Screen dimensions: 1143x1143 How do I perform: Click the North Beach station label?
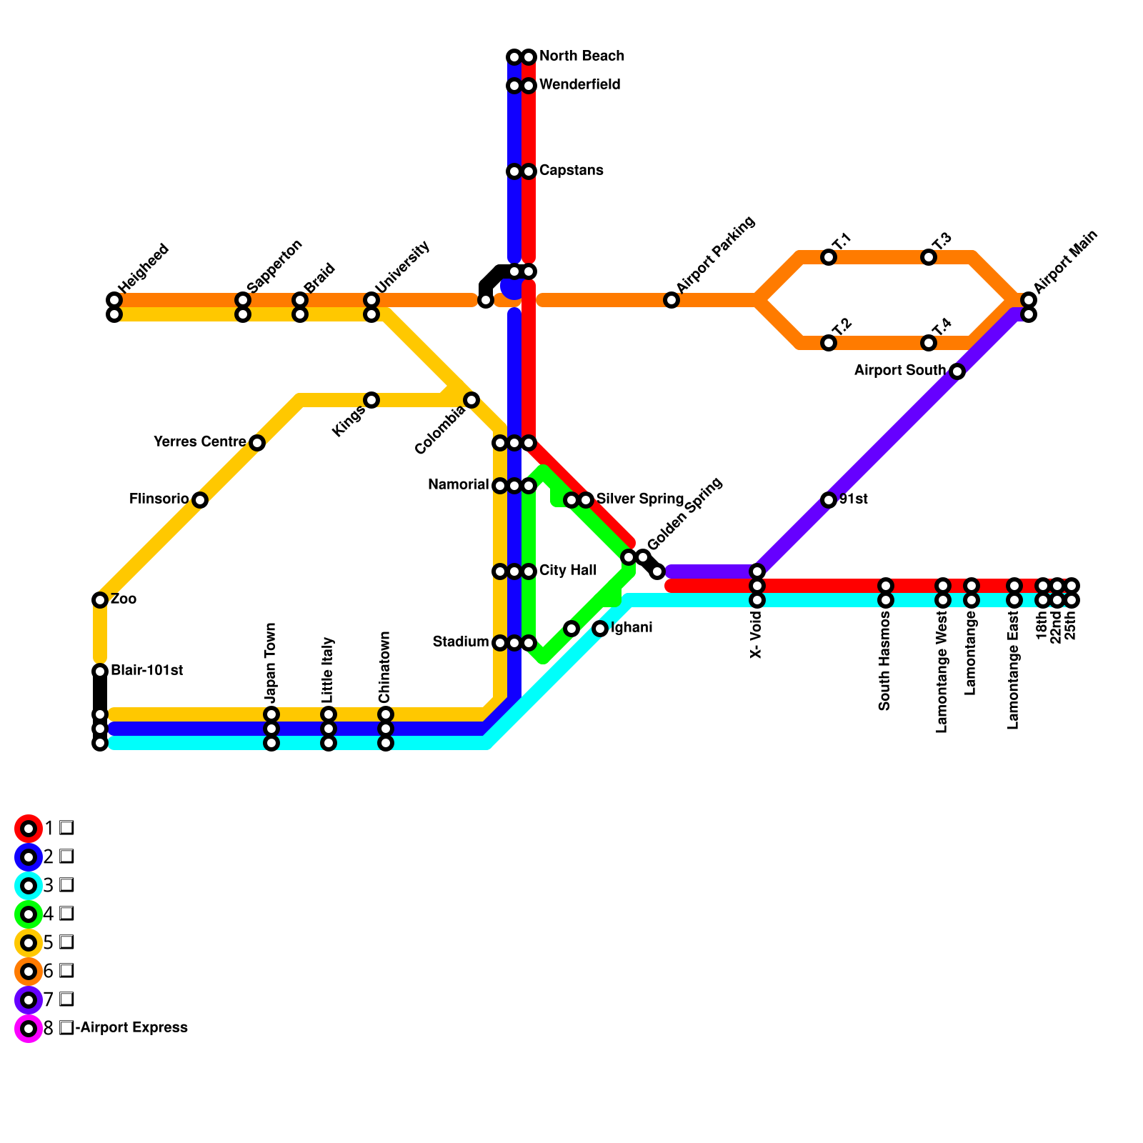coord(582,56)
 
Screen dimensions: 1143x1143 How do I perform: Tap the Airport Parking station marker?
coord(672,300)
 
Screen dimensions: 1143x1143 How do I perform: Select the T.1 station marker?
coord(829,257)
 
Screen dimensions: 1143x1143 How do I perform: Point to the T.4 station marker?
coord(929,343)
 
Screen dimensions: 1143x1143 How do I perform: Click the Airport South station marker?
coord(957,371)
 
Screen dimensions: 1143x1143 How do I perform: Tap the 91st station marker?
coord(829,500)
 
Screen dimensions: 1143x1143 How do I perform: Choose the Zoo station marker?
coord(100,600)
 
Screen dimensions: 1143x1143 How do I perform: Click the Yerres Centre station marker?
coord(257,443)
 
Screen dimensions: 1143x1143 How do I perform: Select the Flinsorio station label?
coord(159,499)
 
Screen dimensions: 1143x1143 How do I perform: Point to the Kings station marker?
coord(371,400)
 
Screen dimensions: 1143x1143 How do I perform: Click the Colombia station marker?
coord(471,400)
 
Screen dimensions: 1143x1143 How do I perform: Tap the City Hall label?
coord(568,571)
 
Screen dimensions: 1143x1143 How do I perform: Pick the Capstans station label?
coord(571,171)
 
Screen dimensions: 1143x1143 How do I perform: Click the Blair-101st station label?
coord(146,671)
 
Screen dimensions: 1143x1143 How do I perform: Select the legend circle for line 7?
coord(29,1000)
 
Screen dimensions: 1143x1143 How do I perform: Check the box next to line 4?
coord(66,914)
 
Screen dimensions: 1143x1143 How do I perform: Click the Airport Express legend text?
coord(131,1028)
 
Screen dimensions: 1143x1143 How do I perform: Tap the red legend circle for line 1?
coord(29,829)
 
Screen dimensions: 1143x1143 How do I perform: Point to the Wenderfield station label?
coord(579,85)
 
